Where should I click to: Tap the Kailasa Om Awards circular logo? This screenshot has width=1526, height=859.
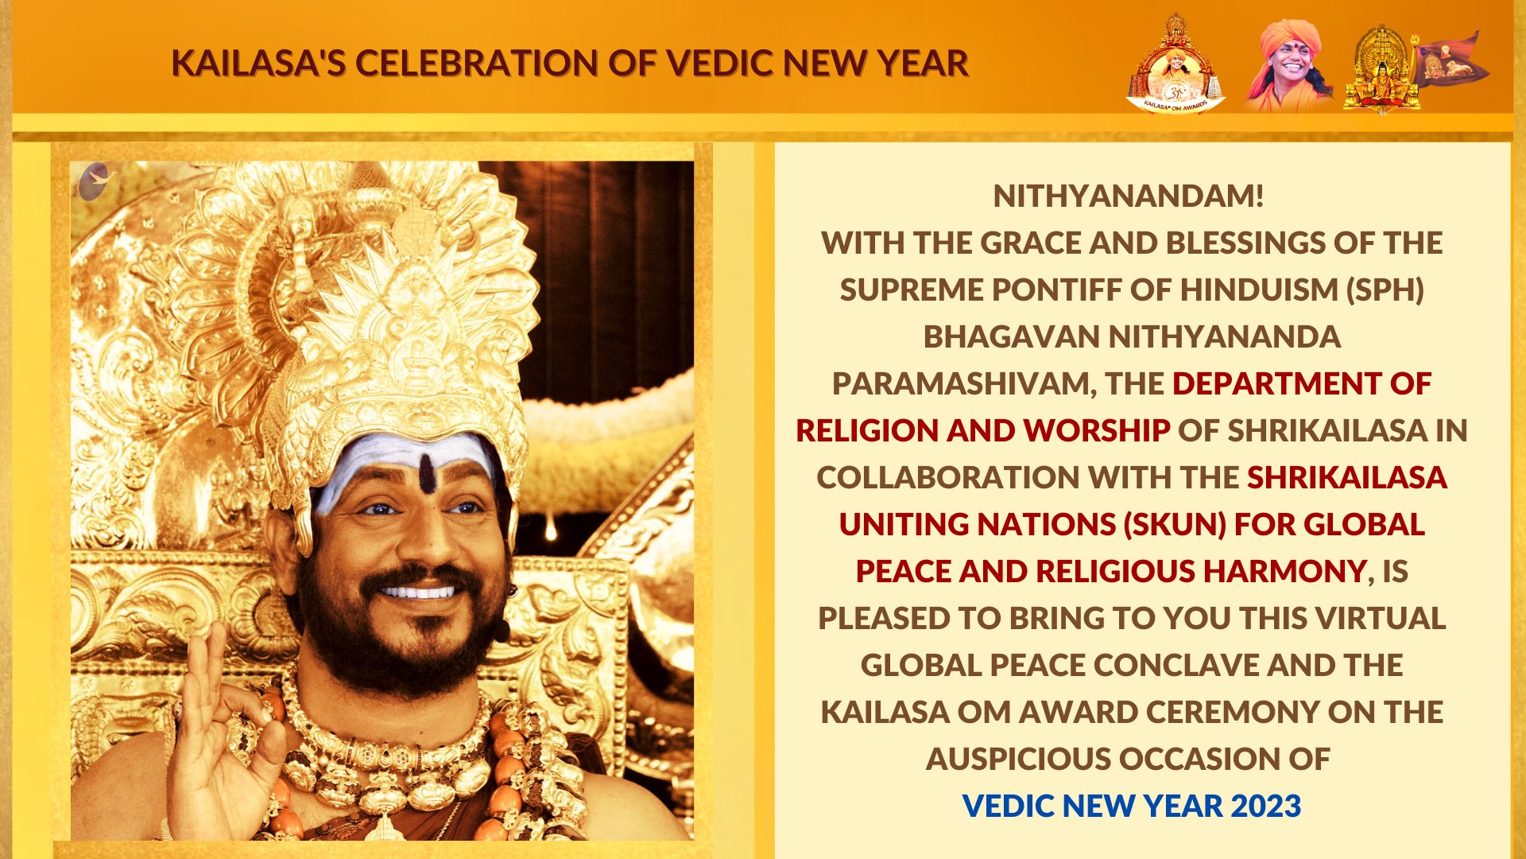1175,65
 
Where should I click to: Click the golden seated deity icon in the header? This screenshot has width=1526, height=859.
1382,68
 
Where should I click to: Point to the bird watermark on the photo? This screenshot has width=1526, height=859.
96,181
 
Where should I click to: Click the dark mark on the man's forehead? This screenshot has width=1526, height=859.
428,473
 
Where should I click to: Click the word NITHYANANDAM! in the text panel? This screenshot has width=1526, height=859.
1129,196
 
